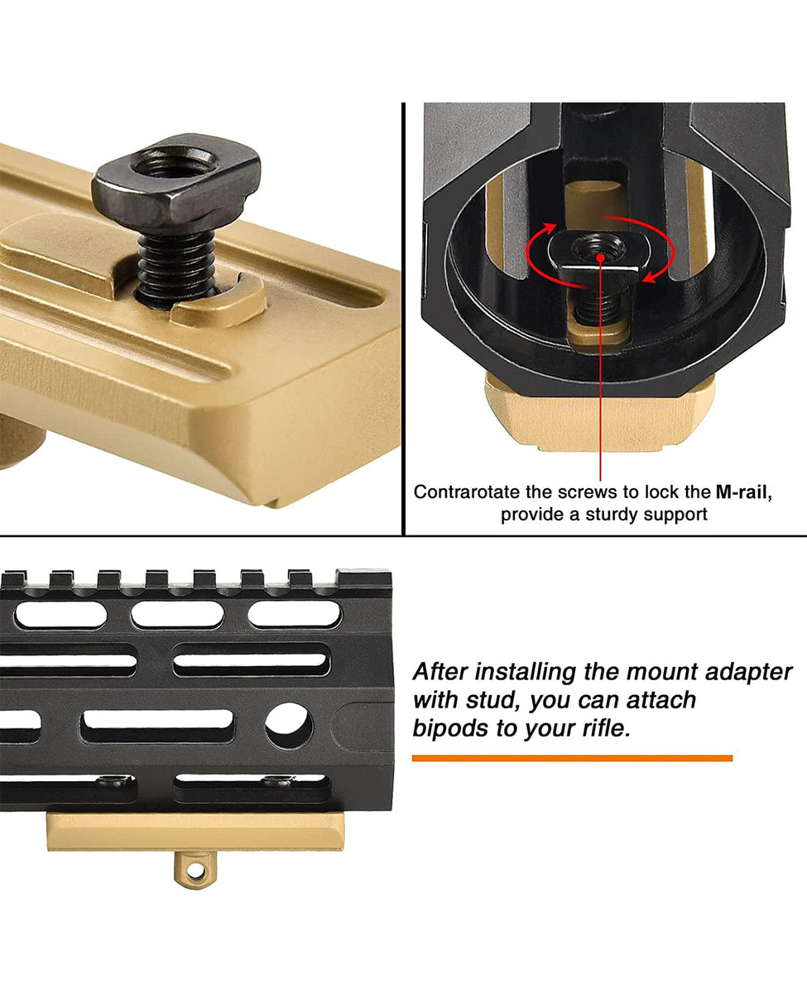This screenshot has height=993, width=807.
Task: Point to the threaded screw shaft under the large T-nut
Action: pos(175,265)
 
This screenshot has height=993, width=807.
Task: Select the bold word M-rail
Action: pos(743,492)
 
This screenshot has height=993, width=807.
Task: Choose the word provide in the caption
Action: pos(533,515)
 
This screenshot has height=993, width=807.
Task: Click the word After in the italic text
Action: pos(443,670)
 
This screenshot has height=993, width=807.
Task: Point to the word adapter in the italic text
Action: pos(749,670)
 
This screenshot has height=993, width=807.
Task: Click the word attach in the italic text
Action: pos(657,700)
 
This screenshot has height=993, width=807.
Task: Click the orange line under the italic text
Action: pos(572,758)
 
